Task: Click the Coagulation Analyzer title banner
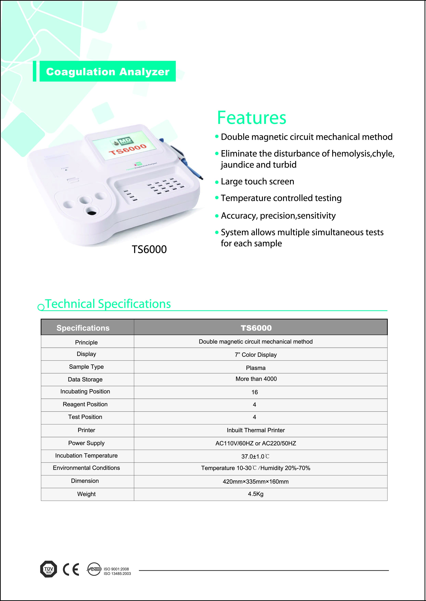click(107, 72)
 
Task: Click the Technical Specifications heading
click(108, 304)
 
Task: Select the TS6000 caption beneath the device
click(149, 249)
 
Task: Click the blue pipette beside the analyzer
click(184, 160)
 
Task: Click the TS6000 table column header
click(256, 328)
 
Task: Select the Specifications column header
click(83, 328)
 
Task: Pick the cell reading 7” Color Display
click(256, 355)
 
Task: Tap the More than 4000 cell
click(256, 379)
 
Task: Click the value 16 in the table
click(255, 392)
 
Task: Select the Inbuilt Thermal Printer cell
click(256, 430)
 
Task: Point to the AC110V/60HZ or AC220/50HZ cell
click(256, 443)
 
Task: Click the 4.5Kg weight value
click(256, 494)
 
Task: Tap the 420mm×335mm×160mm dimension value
click(256, 481)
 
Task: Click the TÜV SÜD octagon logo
click(49, 569)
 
